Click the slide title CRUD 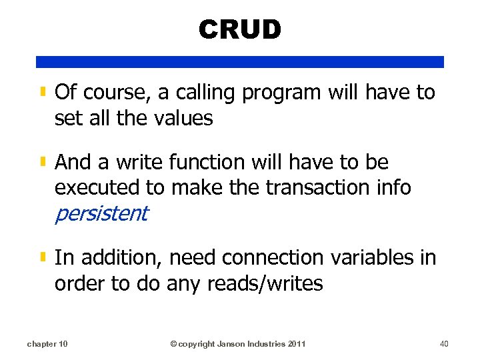pos(240,29)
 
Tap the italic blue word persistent pos(101,214)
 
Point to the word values pos(183,119)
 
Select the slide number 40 pos(445,344)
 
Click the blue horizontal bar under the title pos(240,62)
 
